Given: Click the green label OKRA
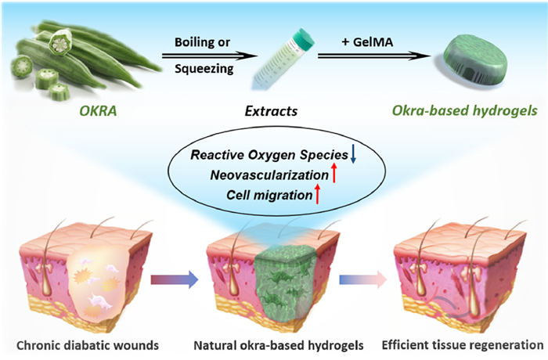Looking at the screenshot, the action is click(98, 111).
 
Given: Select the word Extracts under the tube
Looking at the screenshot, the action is click(271, 111).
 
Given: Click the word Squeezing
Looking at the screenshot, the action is click(204, 69).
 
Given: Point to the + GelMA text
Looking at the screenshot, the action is click(367, 42).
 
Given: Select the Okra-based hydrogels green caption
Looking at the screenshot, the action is click(464, 110).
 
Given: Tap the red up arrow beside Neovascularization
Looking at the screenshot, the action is click(333, 173).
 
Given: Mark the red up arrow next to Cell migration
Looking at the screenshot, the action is click(317, 193).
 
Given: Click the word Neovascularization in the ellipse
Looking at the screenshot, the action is click(269, 175).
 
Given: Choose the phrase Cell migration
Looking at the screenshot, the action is click(269, 195).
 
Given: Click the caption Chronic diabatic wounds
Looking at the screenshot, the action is click(88, 346).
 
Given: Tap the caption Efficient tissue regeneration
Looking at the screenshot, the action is click(463, 345).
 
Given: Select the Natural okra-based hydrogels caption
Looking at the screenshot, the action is click(279, 346).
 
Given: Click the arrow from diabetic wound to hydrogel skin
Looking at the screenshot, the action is click(175, 279).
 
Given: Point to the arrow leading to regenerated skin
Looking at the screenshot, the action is click(362, 279).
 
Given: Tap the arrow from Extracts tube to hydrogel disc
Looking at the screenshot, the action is click(374, 56).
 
